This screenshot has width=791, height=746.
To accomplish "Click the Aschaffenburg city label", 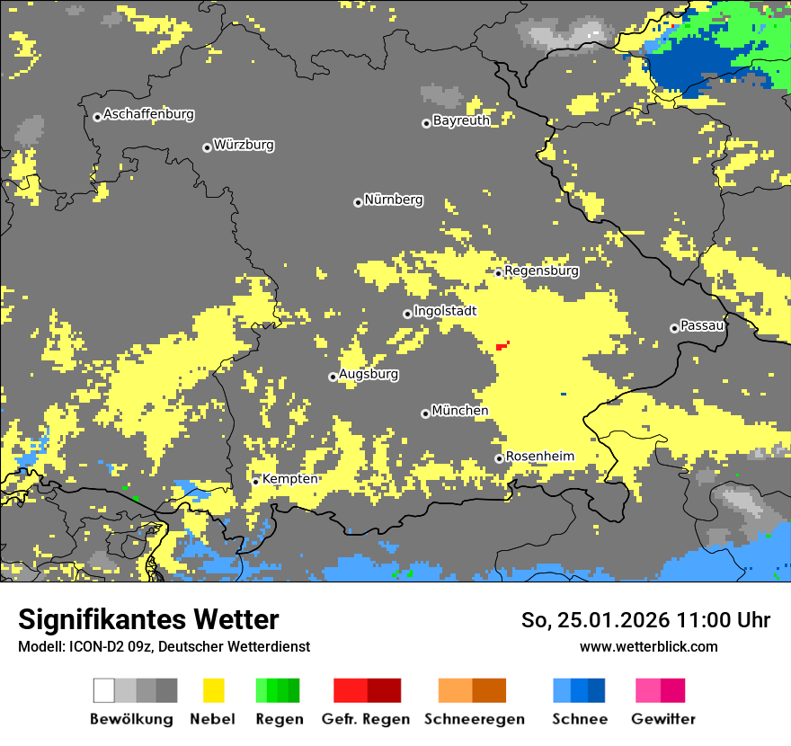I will pos(148,115).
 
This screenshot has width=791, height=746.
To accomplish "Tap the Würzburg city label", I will pos(244,145).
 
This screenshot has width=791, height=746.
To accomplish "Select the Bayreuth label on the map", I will pos(461,120).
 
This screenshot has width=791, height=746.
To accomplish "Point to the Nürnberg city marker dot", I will pos(358,202).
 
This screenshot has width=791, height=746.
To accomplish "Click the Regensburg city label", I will pos(541,271).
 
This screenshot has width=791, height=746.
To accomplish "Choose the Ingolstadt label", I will pos(445,311).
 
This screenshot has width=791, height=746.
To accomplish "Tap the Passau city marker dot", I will pos(674,328).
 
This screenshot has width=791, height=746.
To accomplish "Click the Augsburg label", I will pos(369,374).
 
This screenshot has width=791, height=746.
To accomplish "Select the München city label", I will pos(460,411).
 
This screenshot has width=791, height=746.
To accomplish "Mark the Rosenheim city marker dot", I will pos(499,458).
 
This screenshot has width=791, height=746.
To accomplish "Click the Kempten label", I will pos(289,479).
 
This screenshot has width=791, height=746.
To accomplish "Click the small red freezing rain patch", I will pos(502,345).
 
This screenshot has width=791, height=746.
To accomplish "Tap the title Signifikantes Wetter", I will pos(148,619).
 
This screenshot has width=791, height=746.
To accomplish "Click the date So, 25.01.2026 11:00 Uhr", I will pos(645,620).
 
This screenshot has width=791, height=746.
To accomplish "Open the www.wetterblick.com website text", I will pos(648,646).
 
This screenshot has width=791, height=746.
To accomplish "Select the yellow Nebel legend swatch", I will pos(213,690).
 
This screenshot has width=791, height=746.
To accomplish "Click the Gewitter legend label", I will pos(663,719).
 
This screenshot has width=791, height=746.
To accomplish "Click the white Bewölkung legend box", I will pos(104,690).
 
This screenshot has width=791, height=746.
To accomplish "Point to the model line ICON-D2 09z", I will pos(164,646).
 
